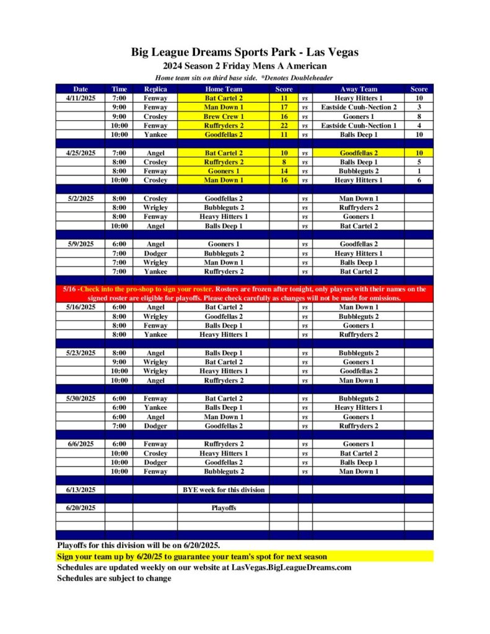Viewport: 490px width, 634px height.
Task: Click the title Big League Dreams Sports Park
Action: pos(245,53)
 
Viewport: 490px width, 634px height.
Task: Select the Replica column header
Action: pos(155,89)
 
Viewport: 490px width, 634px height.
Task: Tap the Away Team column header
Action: pos(358,89)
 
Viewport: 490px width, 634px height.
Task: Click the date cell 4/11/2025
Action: pos(80,98)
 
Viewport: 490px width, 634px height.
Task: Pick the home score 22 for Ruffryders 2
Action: pos(284,125)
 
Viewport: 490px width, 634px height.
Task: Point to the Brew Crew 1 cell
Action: pos(223,116)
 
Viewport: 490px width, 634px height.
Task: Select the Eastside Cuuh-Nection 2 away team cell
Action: pos(358,107)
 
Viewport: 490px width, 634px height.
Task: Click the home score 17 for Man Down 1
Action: pos(284,107)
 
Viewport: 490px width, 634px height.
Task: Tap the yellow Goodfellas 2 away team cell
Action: pos(358,153)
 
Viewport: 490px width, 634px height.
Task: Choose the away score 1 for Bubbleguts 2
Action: pos(419,171)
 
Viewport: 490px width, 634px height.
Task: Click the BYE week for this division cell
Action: pos(223,490)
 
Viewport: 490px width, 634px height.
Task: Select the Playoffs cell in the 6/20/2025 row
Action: pos(223,508)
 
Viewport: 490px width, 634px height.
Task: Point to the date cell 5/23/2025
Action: pos(80,353)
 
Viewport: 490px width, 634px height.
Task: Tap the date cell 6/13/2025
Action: pos(80,490)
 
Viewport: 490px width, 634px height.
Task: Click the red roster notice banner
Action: pos(245,293)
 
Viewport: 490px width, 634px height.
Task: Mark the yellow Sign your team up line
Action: pos(192,557)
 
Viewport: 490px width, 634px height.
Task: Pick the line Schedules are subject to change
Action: pos(114,578)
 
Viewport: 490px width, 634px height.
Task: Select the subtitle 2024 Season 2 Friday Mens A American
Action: pos(245,66)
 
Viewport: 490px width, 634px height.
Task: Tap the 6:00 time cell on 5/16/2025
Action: pos(119,307)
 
